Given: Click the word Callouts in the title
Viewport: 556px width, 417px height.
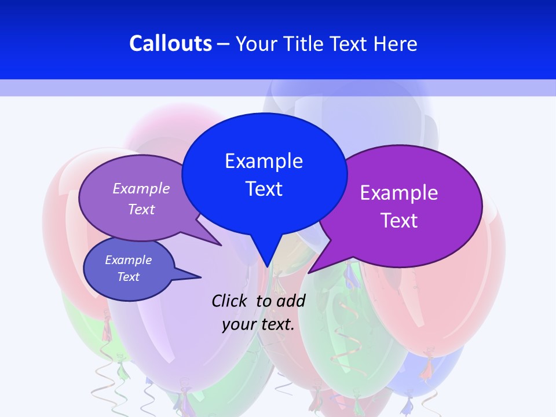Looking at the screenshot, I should pyautogui.click(x=170, y=43).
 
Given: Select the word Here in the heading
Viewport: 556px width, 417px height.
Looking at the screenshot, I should pyautogui.click(x=396, y=43).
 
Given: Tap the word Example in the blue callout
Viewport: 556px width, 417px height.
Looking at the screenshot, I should pyautogui.click(x=264, y=160).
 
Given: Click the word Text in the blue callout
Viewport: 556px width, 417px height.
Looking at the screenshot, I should pyautogui.click(x=264, y=189).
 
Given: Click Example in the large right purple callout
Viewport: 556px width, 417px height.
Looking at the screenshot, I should pyautogui.click(x=399, y=193).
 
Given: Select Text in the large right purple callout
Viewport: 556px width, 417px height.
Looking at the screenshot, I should pyautogui.click(x=399, y=221).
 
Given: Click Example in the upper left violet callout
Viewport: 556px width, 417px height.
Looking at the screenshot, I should pyautogui.click(x=141, y=188).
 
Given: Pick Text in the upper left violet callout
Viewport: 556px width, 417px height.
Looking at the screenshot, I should pyautogui.click(x=141, y=209).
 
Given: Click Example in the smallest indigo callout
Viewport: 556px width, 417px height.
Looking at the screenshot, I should pyautogui.click(x=128, y=260).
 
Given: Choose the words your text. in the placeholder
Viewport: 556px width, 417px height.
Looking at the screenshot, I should pyautogui.click(x=258, y=324).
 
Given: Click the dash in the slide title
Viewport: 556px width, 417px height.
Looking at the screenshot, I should pyautogui.click(x=224, y=43).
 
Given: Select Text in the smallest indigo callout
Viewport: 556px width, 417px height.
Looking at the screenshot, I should pyautogui.click(x=128, y=277).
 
